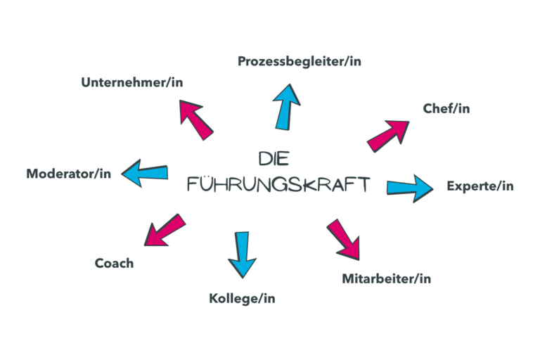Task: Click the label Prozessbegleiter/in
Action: (x=300, y=61)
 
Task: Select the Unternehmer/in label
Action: (x=132, y=82)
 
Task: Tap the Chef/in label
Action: (x=446, y=108)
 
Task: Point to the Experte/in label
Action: (x=480, y=186)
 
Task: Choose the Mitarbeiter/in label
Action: (x=386, y=278)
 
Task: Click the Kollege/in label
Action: (x=242, y=299)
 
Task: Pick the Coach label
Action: (x=114, y=264)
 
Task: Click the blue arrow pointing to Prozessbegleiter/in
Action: (x=287, y=106)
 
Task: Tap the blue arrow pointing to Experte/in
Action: (x=410, y=188)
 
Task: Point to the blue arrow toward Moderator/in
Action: (x=145, y=173)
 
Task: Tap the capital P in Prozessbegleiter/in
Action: (x=242, y=61)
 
